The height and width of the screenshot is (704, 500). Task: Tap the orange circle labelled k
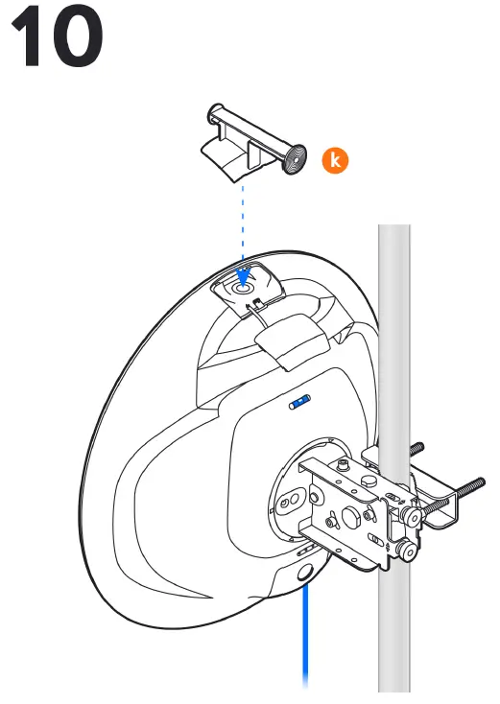(x=335, y=160)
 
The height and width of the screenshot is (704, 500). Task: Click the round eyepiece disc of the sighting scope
(x=295, y=158)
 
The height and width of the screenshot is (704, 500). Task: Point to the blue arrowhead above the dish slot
(x=243, y=277)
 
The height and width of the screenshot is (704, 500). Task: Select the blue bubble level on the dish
(x=299, y=401)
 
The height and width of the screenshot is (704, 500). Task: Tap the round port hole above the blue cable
(x=305, y=573)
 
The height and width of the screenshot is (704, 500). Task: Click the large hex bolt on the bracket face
(x=351, y=517)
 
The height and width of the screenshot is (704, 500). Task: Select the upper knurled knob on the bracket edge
(x=411, y=516)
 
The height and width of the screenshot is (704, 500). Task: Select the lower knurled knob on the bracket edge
(x=407, y=551)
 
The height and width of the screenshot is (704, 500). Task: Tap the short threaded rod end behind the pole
(x=417, y=448)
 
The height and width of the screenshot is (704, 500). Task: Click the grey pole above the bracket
(x=394, y=337)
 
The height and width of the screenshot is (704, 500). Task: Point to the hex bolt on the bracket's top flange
(x=368, y=482)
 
